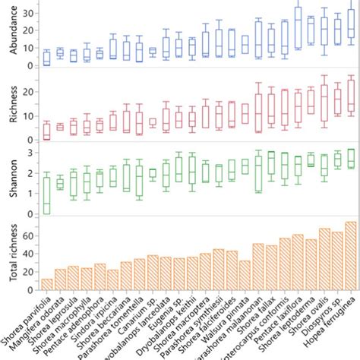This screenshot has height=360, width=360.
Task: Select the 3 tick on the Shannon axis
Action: pos(31,153)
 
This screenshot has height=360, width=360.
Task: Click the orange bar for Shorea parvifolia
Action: pos(46,284)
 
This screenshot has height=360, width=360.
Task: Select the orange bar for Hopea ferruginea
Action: pos(350,255)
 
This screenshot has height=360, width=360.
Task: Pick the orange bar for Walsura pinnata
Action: pos(245,275)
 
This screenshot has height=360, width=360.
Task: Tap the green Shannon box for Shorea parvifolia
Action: pos(46,195)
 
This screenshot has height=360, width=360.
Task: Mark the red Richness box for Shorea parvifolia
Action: pos(46,130)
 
